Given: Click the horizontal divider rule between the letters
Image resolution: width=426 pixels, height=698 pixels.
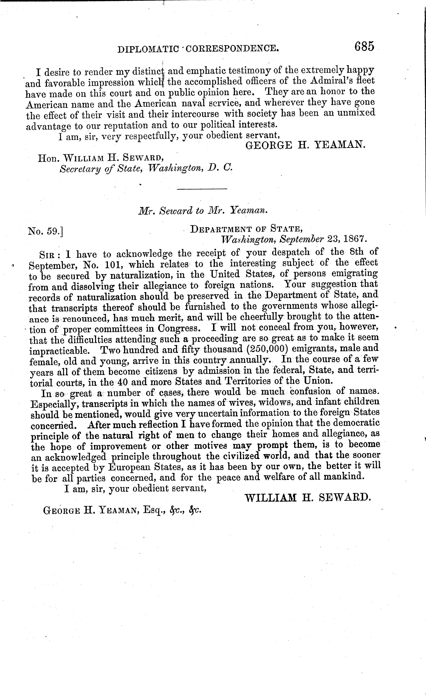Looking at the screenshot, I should coord(202,189).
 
